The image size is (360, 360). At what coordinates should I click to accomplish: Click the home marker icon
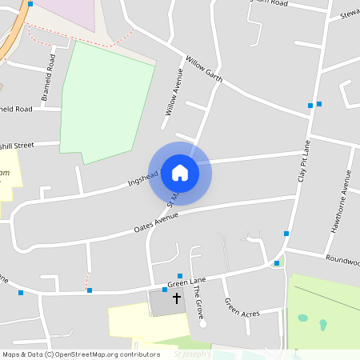(180, 173)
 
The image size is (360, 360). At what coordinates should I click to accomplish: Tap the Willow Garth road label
(203, 69)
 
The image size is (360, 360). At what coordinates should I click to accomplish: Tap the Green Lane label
(186, 281)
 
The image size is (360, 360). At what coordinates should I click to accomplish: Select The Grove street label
(198, 304)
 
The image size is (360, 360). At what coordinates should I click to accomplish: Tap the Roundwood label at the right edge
(342, 259)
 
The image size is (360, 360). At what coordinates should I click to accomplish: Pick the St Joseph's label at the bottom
(192, 354)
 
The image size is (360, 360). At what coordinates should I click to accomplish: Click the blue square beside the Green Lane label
(165, 289)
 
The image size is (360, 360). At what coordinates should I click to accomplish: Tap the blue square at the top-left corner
(30, 4)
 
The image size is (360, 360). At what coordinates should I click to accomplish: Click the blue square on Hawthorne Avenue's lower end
(286, 234)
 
